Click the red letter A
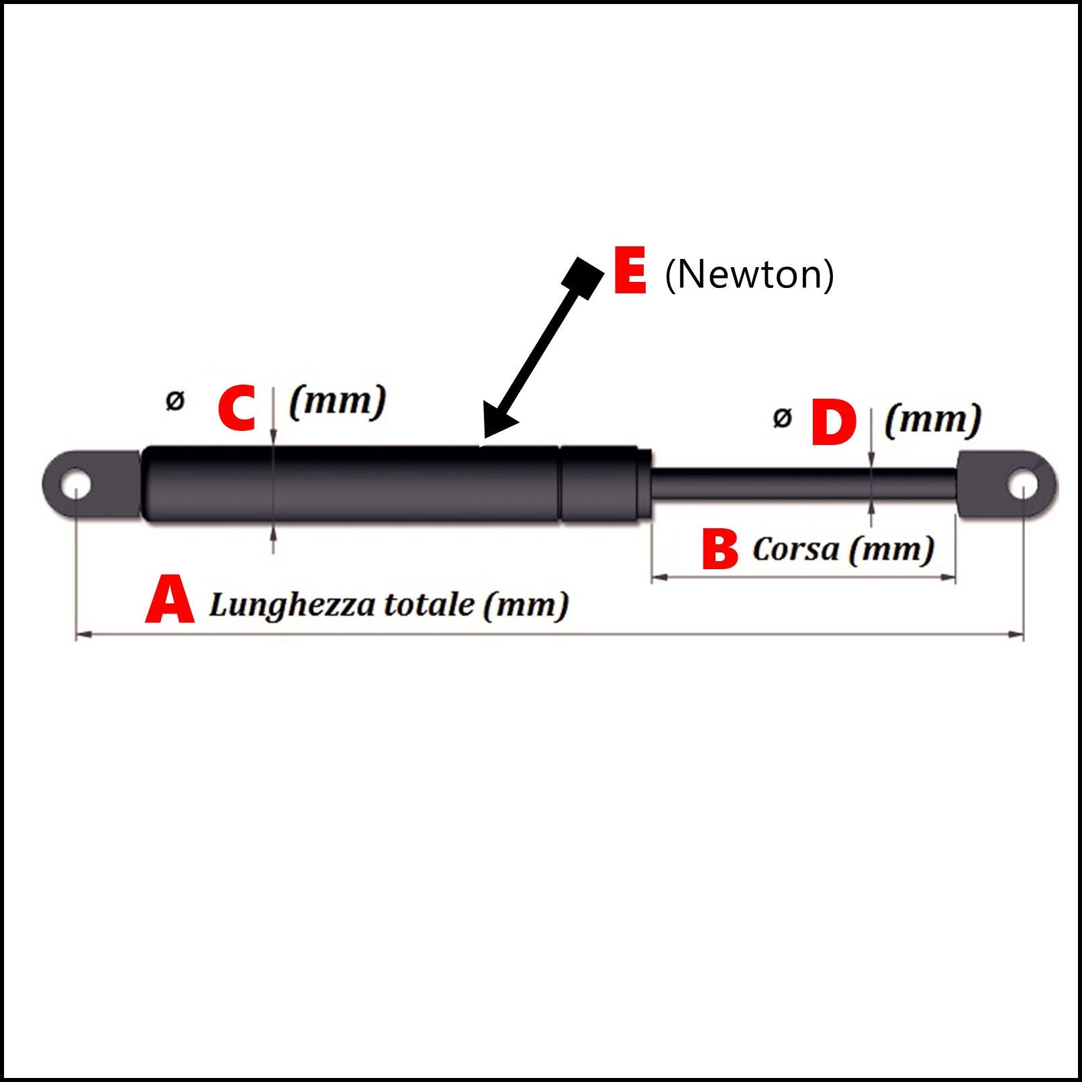[170, 599]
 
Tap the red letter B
[720, 549]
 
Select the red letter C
[237, 407]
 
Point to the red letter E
[630, 270]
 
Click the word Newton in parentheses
[749, 274]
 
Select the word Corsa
[795, 549]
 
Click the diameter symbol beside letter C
[175, 401]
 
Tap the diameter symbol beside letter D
[782, 417]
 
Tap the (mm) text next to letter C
[338, 401]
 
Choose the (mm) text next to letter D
[933, 420]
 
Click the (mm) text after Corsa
[891, 549]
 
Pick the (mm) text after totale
[526, 604]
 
